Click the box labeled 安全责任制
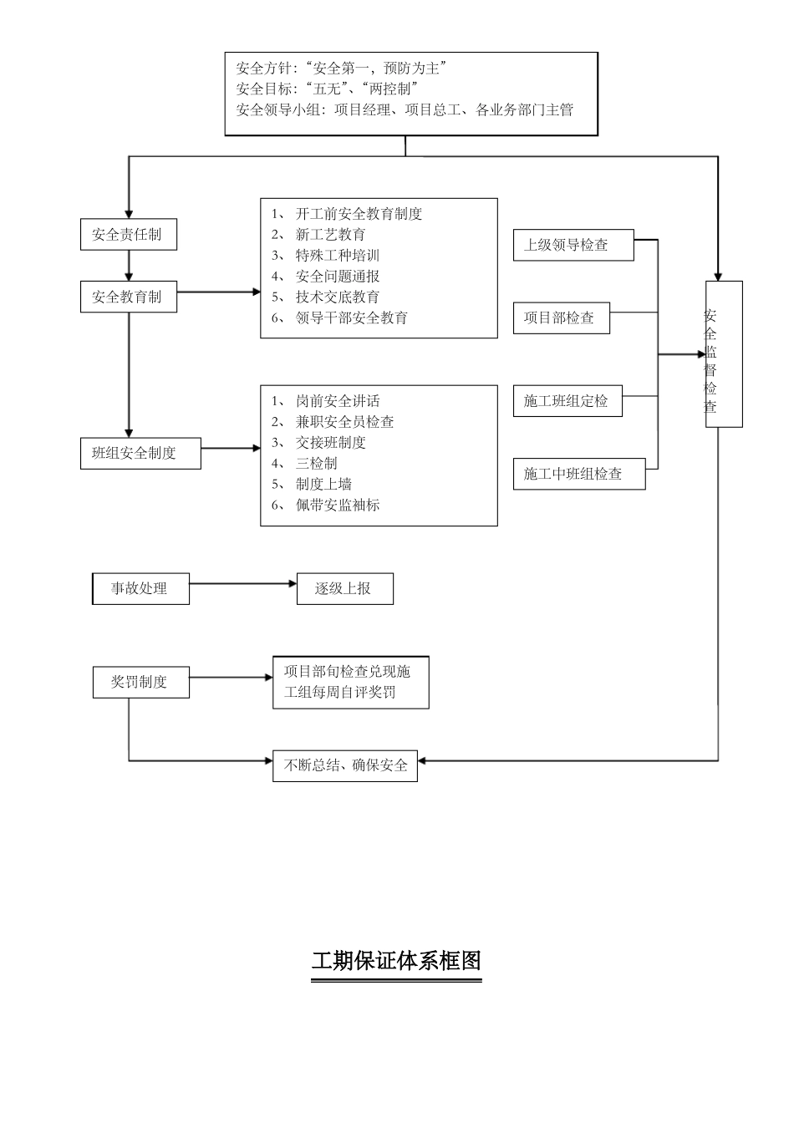[128, 235]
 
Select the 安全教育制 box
[128, 297]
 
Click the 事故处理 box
[140, 588]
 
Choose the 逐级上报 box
[344, 588]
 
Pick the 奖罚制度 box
[140, 682]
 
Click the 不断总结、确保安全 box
[345, 765]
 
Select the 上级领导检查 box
[573, 245]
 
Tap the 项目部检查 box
[561, 318]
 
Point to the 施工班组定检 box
[567, 401]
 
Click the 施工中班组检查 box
[578, 474]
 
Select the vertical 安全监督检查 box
[724, 354]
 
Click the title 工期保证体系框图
[396, 961]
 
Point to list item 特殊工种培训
[337, 256]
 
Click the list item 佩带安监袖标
[337, 505]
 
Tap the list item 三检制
[317, 463]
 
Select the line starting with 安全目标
[327, 89]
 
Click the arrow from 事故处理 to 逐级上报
[242, 584]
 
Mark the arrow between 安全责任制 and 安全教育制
[129, 266]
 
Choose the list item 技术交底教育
[337, 297]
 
